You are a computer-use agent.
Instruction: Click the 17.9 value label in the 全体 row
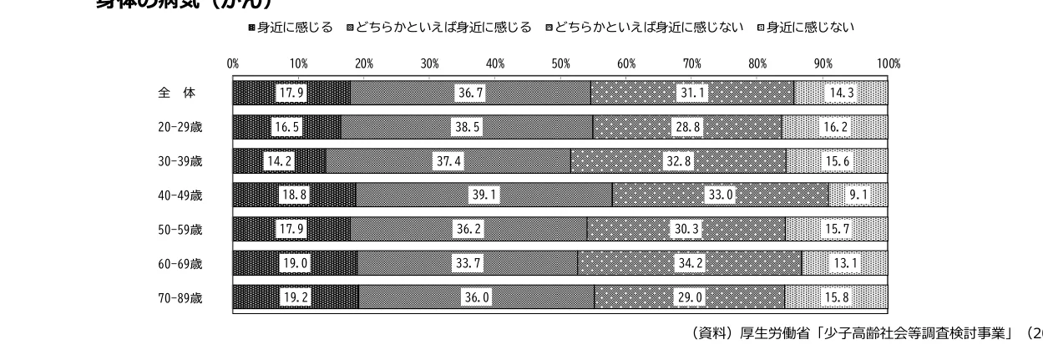(x=291, y=94)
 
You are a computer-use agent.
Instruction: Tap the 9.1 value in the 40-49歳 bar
(x=858, y=195)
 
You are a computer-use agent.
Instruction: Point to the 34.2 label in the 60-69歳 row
(x=690, y=264)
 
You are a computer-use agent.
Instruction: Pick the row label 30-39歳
(x=180, y=162)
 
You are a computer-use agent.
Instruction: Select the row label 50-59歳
(x=180, y=230)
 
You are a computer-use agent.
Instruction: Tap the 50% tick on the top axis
(x=560, y=63)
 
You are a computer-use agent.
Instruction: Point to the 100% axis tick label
(x=889, y=63)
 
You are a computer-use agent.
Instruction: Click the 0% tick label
(x=233, y=63)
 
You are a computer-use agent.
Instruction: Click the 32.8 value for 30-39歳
(x=679, y=161)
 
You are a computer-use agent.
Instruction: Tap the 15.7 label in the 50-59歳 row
(x=837, y=230)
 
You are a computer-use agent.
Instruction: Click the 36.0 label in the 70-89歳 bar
(x=476, y=298)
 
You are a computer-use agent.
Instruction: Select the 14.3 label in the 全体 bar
(x=839, y=94)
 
